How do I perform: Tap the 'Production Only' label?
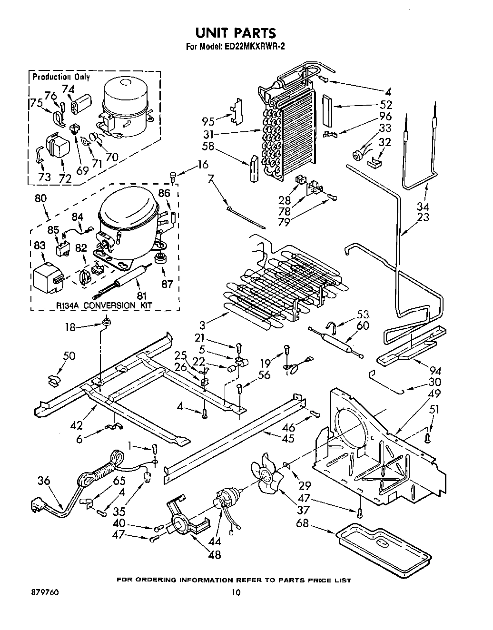[x=60, y=77]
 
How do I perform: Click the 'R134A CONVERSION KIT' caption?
[x=103, y=305]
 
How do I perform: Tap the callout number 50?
[x=69, y=356]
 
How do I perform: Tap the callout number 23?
[x=422, y=217]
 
